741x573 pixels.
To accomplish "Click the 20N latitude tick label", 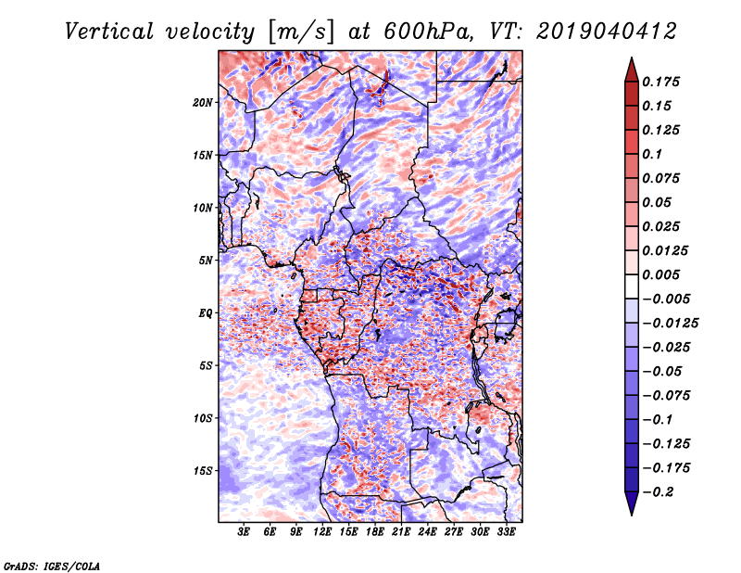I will point(203,102).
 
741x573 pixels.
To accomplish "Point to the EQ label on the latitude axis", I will point(205,313).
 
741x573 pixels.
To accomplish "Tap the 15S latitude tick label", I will point(203,470).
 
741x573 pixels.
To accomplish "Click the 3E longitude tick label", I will point(245,533).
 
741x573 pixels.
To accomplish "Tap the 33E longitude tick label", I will point(507,533).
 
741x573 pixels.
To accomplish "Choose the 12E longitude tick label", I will point(323,533).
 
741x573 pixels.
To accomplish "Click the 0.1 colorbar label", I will point(654,154).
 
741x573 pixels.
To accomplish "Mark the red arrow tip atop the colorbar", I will point(631,63).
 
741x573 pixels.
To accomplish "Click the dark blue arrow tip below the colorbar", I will point(631,508).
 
